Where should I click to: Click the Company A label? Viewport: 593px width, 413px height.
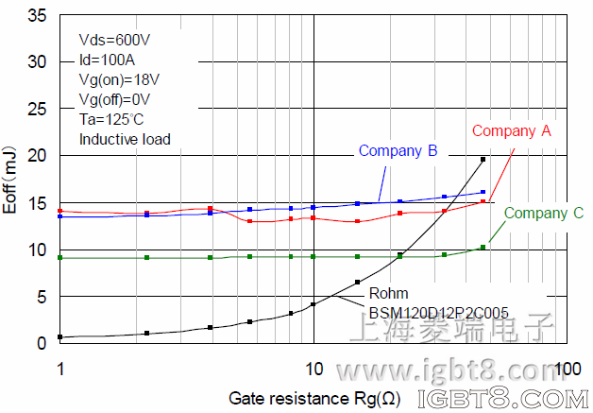(511, 131)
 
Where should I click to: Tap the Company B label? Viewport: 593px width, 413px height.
(397, 150)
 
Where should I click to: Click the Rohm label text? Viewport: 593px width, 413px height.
(388, 294)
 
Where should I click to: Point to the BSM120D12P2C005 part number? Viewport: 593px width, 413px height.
(426, 311)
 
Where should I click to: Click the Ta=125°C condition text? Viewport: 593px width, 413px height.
(111, 119)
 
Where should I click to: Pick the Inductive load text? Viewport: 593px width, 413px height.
(125, 139)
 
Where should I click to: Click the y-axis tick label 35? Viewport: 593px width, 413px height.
(38, 16)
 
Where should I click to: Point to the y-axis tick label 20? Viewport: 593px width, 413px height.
(38, 156)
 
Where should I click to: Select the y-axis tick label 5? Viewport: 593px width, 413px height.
(42, 297)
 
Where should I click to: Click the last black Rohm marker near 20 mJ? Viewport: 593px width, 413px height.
(483, 160)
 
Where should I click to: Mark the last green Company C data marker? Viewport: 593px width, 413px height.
(483, 248)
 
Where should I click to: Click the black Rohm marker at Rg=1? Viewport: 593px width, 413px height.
(60, 337)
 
